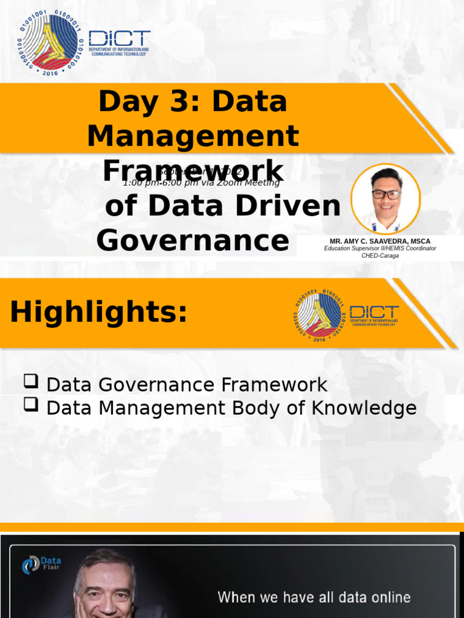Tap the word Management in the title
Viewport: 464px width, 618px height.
[193, 136]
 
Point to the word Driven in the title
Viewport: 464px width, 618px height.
[290, 206]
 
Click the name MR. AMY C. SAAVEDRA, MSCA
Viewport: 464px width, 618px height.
[380, 241]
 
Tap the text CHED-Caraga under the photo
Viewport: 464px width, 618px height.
[380, 255]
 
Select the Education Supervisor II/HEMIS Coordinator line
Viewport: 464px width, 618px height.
[380, 248]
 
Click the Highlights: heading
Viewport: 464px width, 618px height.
[99, 312]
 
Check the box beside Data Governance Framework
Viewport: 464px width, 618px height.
[31, 381]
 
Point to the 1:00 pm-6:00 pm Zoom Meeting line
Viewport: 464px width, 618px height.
[201, 182]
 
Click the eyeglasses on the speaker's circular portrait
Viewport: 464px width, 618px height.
[386, 194]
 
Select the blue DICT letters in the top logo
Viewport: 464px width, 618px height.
[120, 38]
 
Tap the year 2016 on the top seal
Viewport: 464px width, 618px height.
[48, 71]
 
